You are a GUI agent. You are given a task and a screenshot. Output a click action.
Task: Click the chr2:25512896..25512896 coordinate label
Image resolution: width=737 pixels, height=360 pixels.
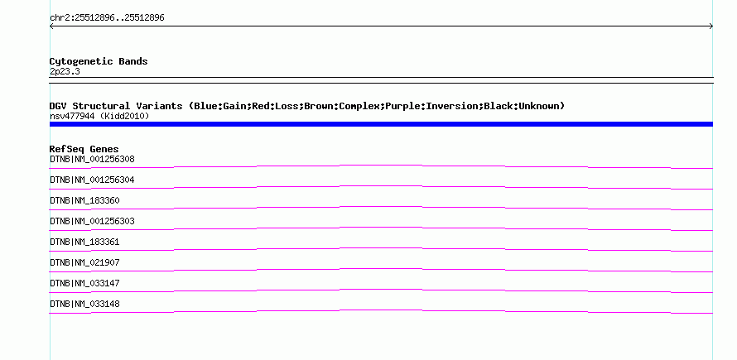(107, 18)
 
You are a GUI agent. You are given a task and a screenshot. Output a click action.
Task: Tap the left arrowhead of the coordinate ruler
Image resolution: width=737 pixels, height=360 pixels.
(51, 26)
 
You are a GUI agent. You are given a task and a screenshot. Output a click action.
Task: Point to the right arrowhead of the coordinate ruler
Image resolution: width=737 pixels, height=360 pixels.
(711, 26)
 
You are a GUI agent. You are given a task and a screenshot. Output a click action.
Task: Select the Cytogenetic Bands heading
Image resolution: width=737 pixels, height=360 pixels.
(99, 61)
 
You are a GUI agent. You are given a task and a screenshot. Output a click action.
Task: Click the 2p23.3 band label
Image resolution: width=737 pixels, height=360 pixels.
(65, 71)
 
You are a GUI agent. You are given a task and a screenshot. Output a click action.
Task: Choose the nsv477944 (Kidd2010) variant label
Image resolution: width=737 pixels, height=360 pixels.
(99, 116)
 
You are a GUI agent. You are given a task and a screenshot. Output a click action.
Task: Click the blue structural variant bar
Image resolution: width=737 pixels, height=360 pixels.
(381, 124)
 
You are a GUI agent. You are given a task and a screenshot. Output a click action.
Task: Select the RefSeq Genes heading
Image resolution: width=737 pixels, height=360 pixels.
(84, 149)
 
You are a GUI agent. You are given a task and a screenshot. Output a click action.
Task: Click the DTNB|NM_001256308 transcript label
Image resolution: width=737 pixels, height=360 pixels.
(92, 160)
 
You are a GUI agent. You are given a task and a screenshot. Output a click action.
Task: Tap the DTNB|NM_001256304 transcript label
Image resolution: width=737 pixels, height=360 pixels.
(92, 180)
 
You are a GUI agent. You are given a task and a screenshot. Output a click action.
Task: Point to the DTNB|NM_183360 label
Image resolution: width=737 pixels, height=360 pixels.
(84, 200)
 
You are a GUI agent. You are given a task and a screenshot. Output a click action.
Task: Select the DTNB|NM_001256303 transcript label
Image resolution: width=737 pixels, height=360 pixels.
(92, 221)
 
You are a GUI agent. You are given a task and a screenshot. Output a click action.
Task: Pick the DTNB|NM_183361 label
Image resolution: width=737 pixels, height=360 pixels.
(84, 242)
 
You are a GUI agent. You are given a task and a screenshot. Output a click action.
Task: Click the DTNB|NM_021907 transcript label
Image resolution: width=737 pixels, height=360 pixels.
(84, 262)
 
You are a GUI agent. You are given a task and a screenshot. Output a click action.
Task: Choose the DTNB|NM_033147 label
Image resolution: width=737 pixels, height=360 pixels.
(84, 283)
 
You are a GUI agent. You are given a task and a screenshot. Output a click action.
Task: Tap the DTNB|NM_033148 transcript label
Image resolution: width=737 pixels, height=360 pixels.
(84, 304)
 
